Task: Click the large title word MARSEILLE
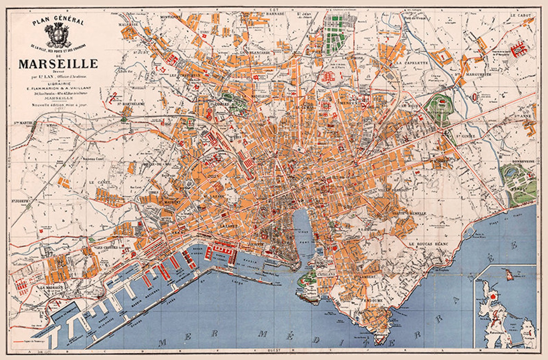point(58,64)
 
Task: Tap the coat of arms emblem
point(58,36)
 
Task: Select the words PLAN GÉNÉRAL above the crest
point(58,22)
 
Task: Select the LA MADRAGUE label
point(51,287)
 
